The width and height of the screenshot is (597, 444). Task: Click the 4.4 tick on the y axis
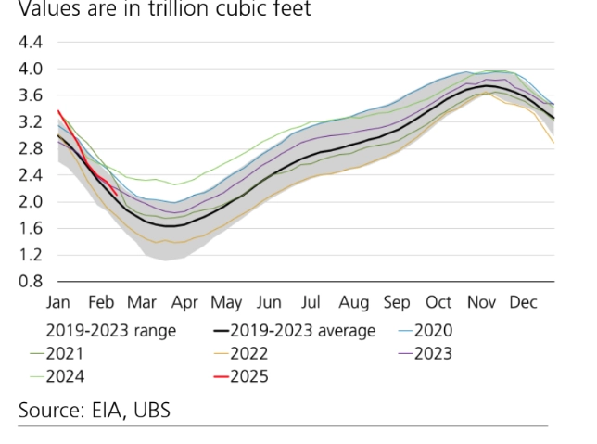pyautogui.click(x=31, y=43)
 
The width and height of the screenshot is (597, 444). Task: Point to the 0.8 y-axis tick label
pyautogui.click(x=31, y=282)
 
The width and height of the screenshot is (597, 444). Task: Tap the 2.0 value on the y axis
pyautogui.click(x=31, y=202)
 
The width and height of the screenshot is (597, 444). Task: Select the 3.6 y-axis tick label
pyautogui.click(x=31, y=95)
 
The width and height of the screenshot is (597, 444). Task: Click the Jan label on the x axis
pyautogui.click(x=59, y=303)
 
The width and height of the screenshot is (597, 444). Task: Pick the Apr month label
pyautogui.click(x=184, y=303)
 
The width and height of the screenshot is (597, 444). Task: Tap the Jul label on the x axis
pyautogui.click(x=311, y=303)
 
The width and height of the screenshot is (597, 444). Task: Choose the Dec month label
pyautogui.click(x=524, y=303)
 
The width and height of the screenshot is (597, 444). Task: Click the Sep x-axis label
pyautogui.click(x=396, y=303)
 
